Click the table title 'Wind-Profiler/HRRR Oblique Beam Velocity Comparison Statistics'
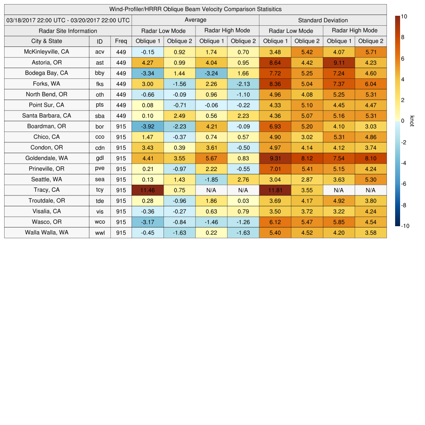coord(195,9)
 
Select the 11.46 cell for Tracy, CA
coord(147,190)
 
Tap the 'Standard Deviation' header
coord(323,20)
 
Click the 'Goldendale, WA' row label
coord(46,158)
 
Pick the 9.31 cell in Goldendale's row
coord(275,158)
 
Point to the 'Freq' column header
coord(121,41)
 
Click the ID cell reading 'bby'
coord(100,73)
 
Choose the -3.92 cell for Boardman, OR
coord(147,126)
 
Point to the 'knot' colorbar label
coord(412,121)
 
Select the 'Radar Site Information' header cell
coord(68,31)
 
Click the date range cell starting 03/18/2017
coord(68,20)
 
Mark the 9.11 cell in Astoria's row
coord(339,63)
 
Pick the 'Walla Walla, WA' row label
coord(46,232)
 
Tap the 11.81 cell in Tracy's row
coord(275,190)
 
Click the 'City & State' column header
coord(46,41)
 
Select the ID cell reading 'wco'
coord(100,222)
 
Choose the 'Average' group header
coord(195,20)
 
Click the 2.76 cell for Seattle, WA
coord(243,179)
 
